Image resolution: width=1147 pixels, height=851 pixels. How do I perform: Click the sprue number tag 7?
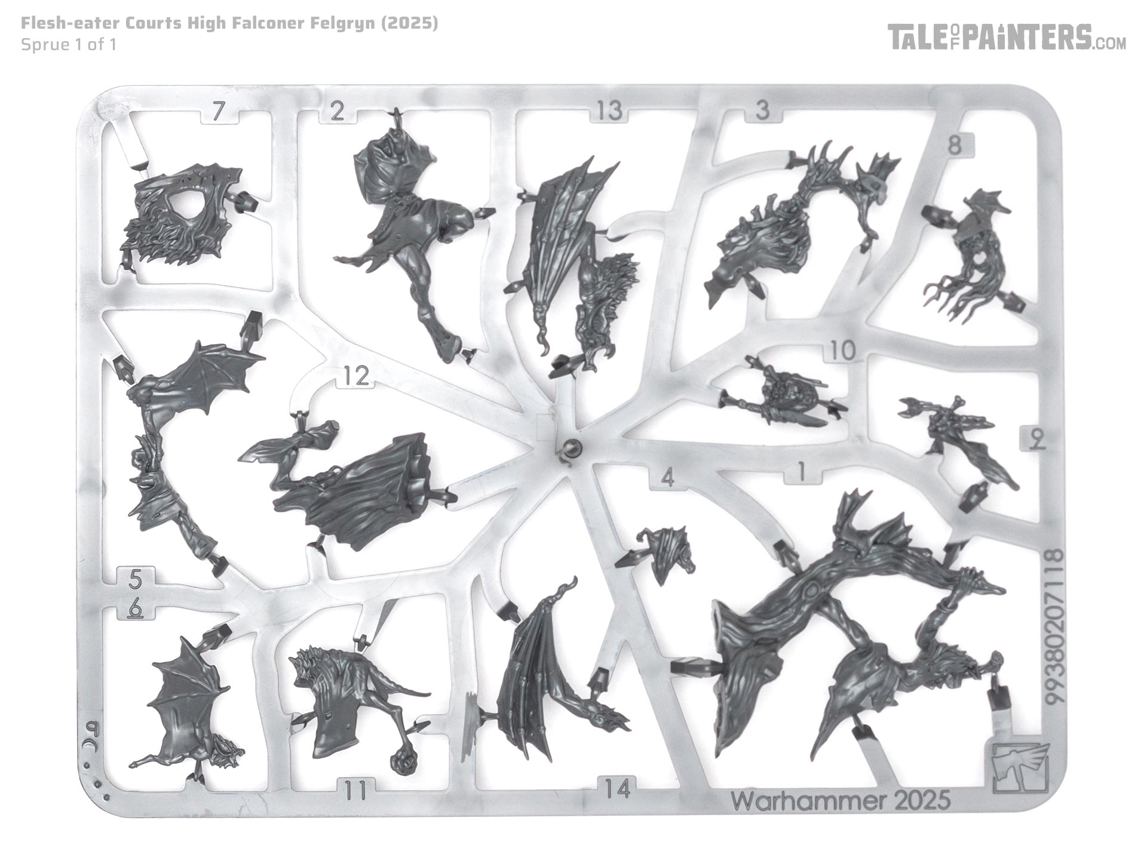[x=220, y=112]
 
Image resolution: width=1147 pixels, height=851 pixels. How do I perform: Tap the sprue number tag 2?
[x=338, y=111]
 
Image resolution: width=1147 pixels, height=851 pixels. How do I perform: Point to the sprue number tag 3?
[x=762, y=111]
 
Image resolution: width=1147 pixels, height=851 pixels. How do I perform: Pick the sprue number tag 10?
[x=843, y=351]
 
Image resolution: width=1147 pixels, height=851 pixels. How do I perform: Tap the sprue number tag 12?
[x=356, y=376]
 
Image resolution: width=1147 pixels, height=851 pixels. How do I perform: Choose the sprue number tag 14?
[x=617, y=789]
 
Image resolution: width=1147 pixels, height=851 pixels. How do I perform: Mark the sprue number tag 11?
[x=356, y=789]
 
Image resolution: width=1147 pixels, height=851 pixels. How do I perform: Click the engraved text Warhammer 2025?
[x=841, y=800]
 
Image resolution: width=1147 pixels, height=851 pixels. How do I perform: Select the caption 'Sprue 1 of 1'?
[x=68, y=44]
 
